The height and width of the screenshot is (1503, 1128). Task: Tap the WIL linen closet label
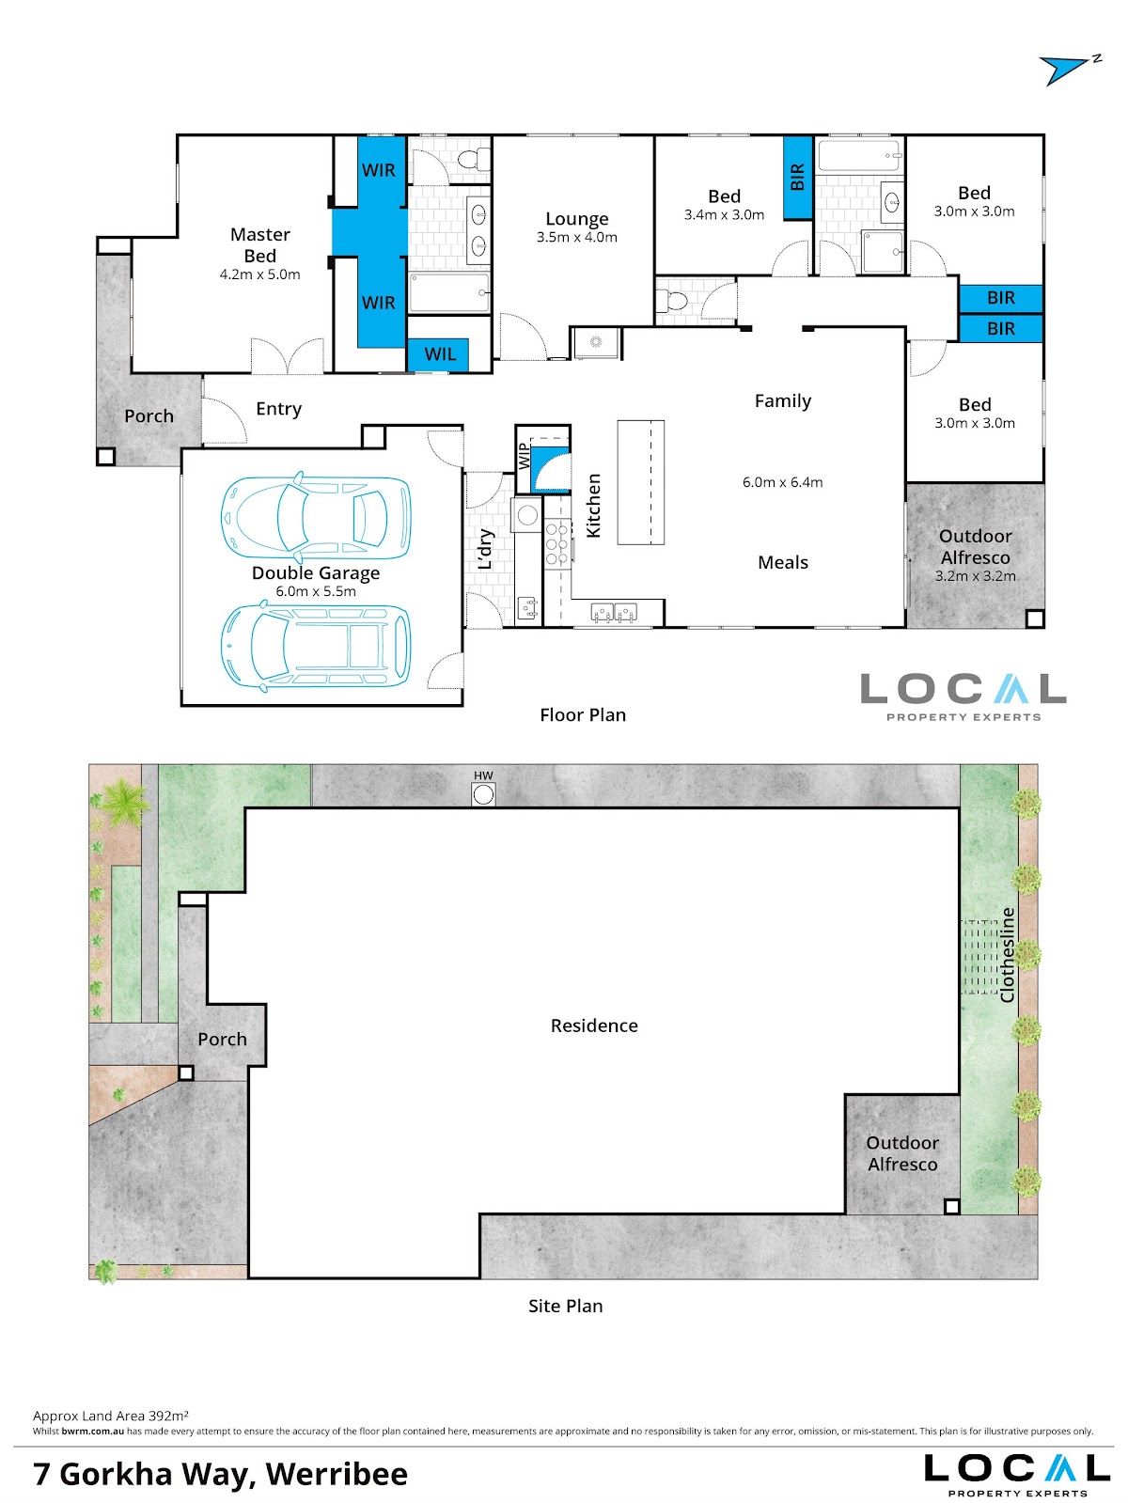tap(440, 354)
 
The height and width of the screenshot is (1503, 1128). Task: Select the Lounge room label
tap(577, 219)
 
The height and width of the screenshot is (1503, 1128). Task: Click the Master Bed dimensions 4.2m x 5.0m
tap(260, 274)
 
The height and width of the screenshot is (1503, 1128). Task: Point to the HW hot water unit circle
tap(484, 795)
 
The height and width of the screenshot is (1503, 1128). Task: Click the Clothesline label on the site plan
tap(1007, 955)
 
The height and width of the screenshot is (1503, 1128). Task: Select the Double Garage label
tap(316, 572)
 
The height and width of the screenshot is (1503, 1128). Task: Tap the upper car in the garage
tap(316, 515)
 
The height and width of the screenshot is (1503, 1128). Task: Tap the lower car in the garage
tap(316, 647)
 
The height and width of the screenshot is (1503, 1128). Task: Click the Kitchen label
tap(593, 506)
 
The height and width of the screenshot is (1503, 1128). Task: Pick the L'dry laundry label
tap(485, 549)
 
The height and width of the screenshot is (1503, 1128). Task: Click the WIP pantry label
tap(524, 457)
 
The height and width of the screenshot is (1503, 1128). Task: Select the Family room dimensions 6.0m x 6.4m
tap(782, 482)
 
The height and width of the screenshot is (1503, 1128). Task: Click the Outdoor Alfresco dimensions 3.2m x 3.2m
tap(976, 576)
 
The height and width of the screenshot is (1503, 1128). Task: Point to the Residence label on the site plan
tap(594, 1025)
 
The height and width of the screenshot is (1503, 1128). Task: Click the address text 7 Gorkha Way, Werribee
tap(220, 1473)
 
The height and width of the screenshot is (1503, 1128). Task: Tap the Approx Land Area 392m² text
tap(111, 1416)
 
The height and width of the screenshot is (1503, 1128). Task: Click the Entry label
tap(278, 409)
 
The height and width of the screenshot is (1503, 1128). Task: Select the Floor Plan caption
tap(583, 715)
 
